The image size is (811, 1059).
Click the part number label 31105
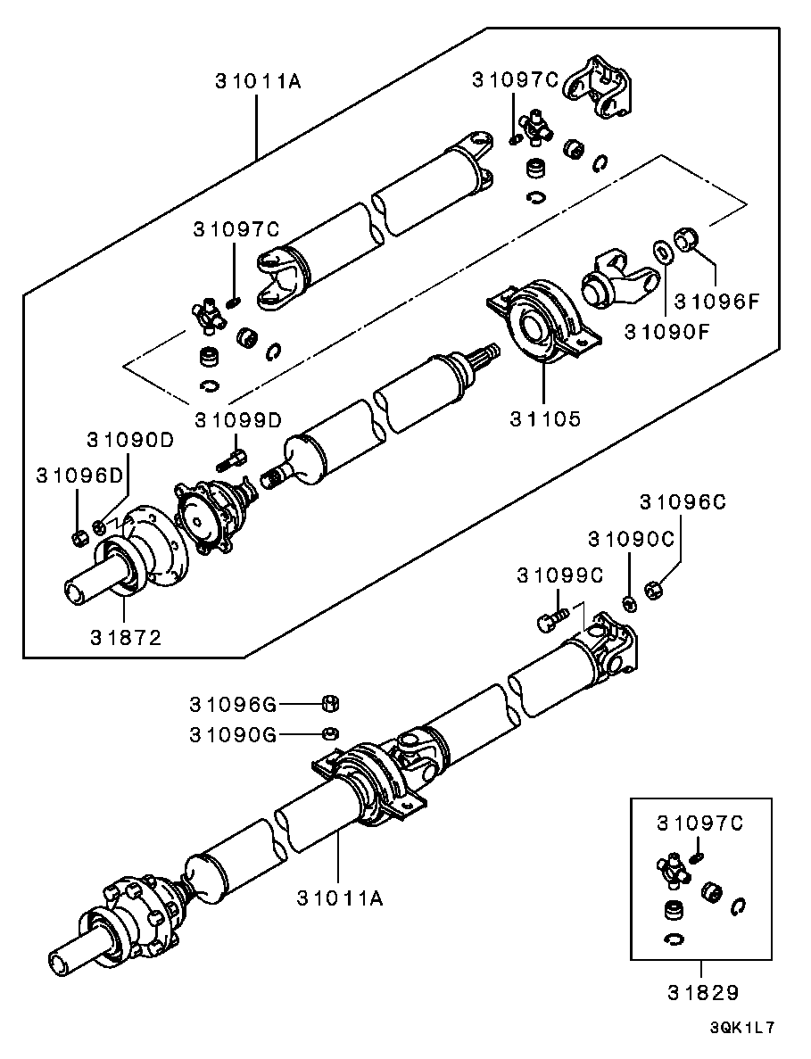tap(544, 418)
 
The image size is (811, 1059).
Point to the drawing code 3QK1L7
tap(741, 1027)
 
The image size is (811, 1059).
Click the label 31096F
tap(716, 302)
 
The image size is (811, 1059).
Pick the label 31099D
tap(238, 419)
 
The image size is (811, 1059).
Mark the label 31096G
tap(232, 705)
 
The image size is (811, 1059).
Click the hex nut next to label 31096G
tap(328, 704)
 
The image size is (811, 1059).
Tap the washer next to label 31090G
tap(328, 733)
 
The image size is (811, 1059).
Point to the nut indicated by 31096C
tap(651, 591)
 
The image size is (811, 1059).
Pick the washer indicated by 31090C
tap(628, 605)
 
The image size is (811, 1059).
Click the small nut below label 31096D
tap(78, 536)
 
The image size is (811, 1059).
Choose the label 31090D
tap(129, 441)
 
